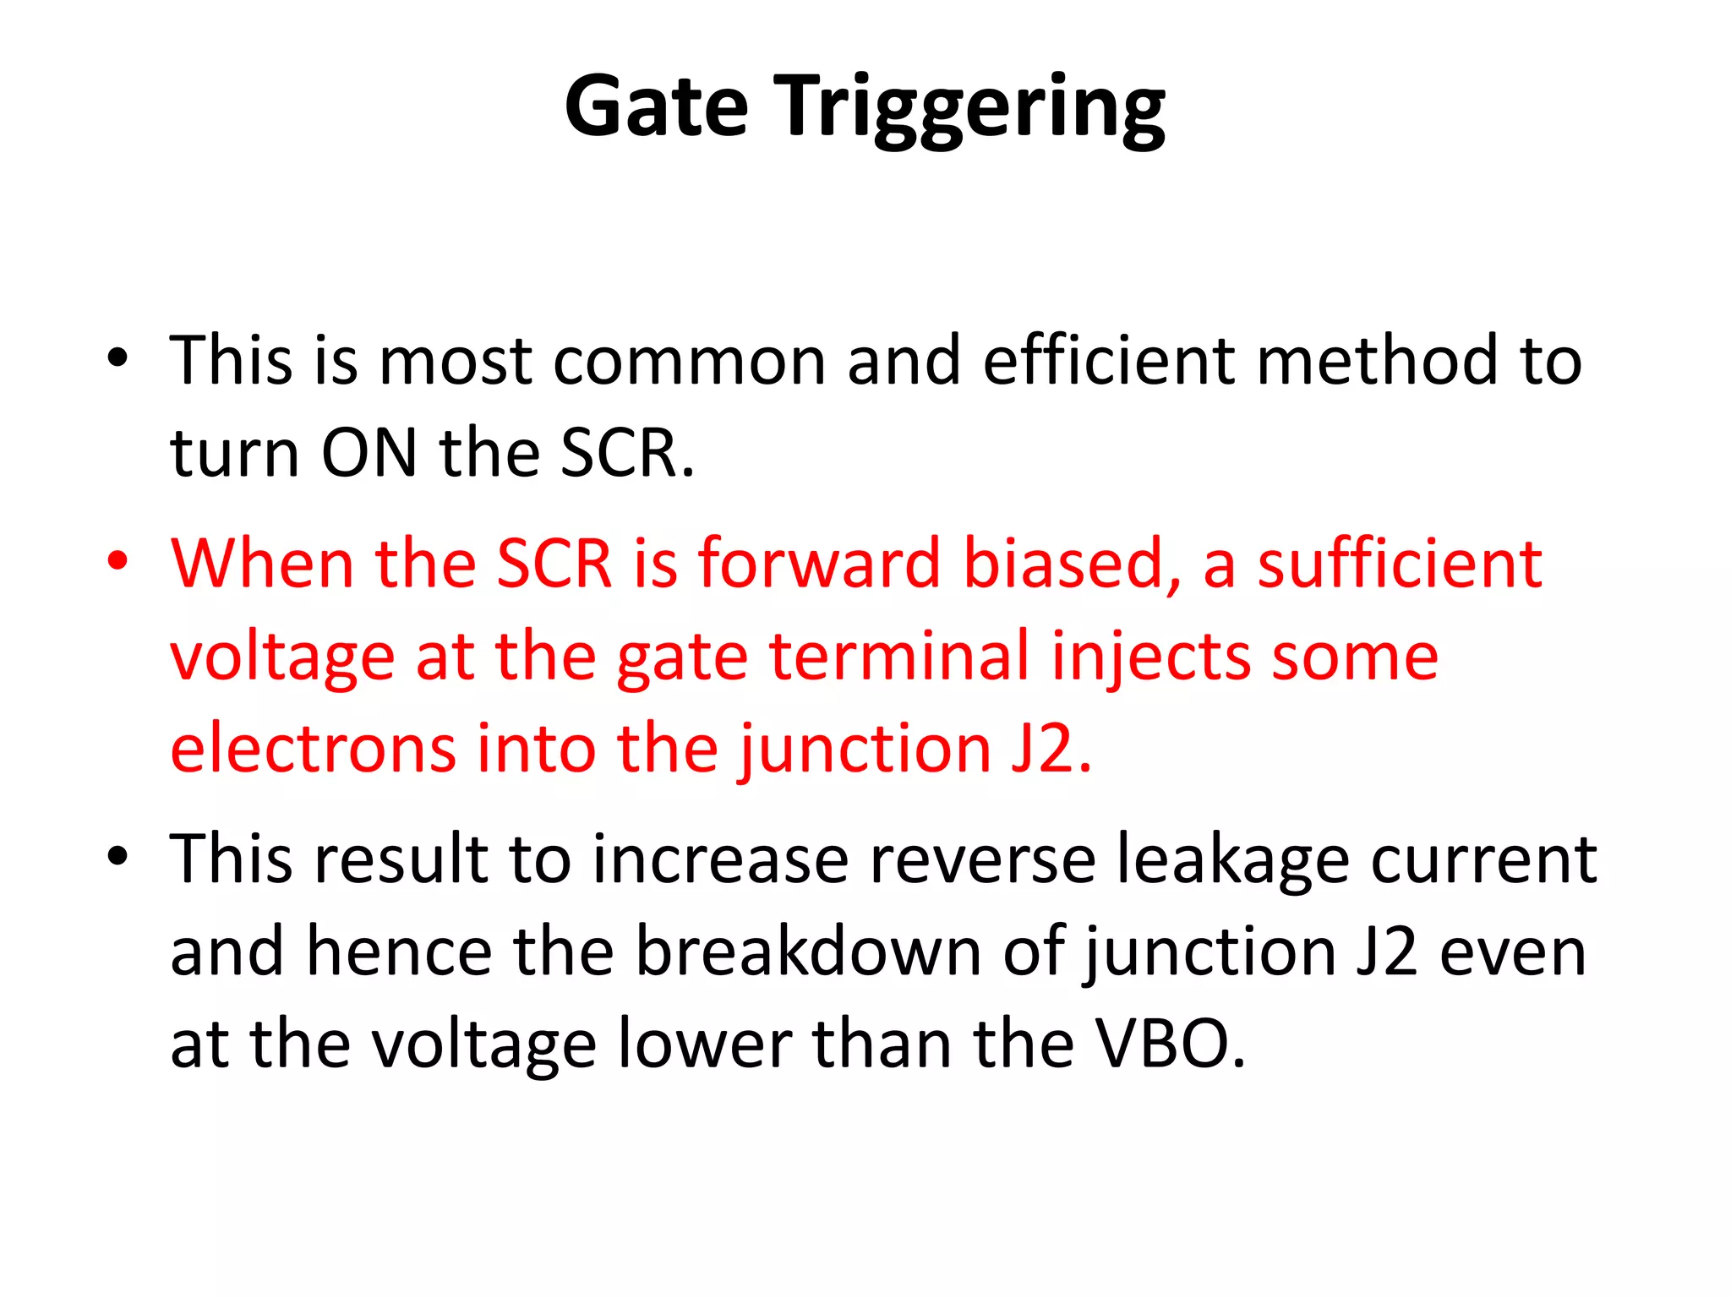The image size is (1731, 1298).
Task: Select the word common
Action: tap(689, 361)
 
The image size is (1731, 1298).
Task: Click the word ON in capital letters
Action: tap(369, 453)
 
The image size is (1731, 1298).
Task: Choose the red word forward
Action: tap(818, 564)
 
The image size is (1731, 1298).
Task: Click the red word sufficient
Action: tap(1400, 564)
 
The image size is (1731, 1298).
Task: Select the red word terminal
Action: tap(899, 657)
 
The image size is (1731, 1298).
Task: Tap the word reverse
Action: tap(981, 859)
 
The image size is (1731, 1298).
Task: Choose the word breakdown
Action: tap(808, 952)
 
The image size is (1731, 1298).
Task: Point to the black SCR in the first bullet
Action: tap(627, 453)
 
